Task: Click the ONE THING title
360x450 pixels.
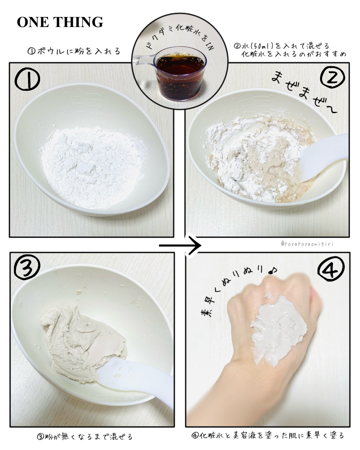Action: pyautogui.click(x=60, y=22)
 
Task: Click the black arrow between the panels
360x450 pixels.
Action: pyautogui.click(x=180, y=245)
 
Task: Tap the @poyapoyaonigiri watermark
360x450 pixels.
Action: pyautogui.click(x=307, y=244)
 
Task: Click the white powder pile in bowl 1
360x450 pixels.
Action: pyautogui.click(x=92, y=167)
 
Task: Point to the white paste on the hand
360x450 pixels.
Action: pyautogui.click(x=278, y=330)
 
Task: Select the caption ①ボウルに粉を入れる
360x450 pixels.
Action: pyautogui.click(x=74, y=51)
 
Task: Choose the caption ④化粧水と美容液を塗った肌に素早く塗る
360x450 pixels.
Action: pyautogui.click(x=268, y=435)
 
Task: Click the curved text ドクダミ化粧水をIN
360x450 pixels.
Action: pyautogui.click(x=180, y=37)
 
